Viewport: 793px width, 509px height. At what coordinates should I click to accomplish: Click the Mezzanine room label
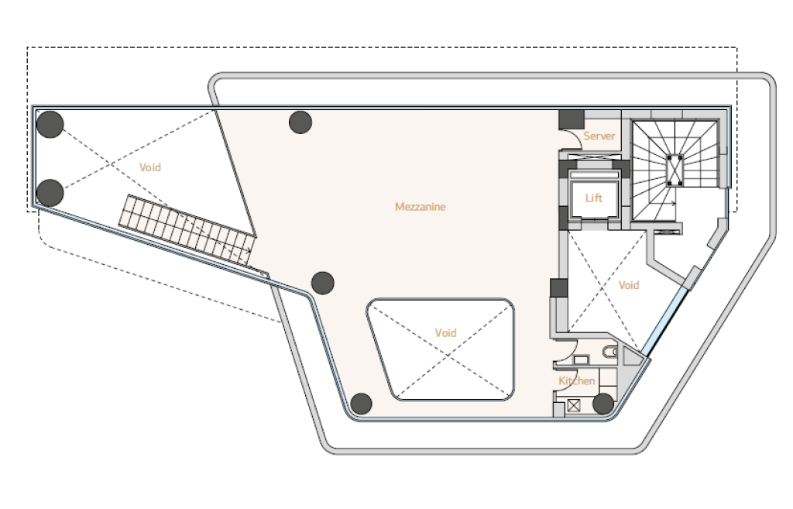point(421,206)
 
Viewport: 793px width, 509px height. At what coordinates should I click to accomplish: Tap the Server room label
point(599,136)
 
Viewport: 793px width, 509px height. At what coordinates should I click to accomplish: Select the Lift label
point(594,198)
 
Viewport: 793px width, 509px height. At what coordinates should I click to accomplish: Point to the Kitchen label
point(576,380)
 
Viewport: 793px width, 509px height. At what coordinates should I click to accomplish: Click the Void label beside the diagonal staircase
point(150,167)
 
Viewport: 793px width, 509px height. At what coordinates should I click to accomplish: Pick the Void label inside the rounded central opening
point(445,333)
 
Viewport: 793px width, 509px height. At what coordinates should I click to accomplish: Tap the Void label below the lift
point(629,285)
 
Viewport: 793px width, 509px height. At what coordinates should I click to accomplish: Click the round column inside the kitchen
point(602,404)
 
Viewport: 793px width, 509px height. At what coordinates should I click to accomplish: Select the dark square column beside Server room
point(572,119)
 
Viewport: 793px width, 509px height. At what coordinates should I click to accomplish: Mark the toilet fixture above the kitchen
point(610,352)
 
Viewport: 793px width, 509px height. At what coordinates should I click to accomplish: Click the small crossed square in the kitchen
point(574,406)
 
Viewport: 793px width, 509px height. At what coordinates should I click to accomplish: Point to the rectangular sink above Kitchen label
point(581,359)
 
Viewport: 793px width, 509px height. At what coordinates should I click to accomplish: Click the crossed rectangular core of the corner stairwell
point(675,170)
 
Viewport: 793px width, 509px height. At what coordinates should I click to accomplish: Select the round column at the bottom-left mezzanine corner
point(361,404)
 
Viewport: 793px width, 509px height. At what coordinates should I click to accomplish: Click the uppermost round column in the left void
point(50,124)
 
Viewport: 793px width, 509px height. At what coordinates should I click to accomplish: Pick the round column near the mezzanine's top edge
point(300,122)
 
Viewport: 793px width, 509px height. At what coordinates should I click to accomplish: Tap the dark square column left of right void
point(559,288)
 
